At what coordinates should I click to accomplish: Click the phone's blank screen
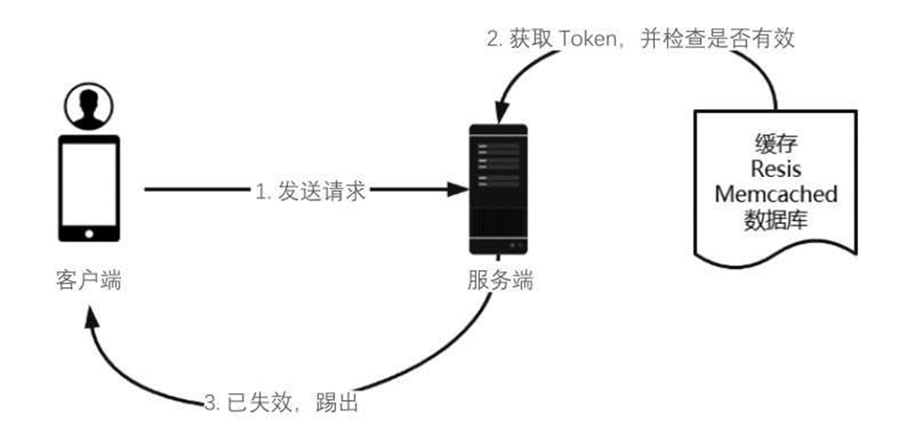(89, 183)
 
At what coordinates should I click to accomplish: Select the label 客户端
(88, 279)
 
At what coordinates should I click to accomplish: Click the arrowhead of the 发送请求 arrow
(458, 190)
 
